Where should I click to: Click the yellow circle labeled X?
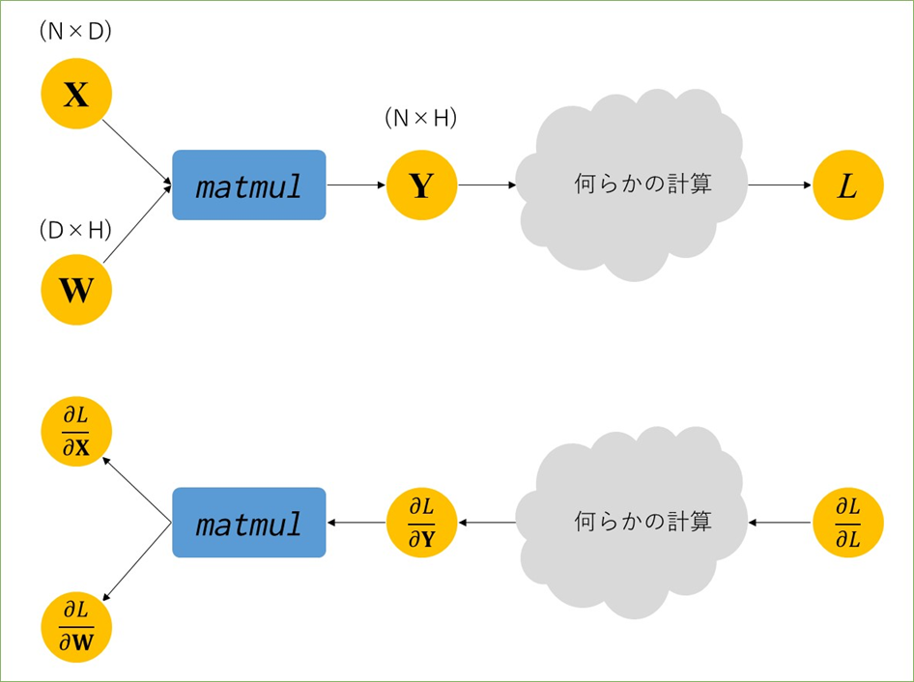point(76,94)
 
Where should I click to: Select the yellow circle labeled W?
point(76,289)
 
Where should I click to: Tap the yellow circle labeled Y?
point(421,185)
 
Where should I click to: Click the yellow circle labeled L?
point(848,185)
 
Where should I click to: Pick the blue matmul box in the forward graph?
point(249,185)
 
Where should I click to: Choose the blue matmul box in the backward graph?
point(249,523)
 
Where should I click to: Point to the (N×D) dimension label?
point(75,32)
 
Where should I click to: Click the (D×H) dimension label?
point(75,231)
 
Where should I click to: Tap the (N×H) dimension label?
point(421,118)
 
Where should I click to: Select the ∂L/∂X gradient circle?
point(76,432)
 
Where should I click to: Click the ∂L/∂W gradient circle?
point(76,627)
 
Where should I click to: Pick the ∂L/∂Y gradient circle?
point(421,523)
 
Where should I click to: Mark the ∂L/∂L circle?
point(848,523)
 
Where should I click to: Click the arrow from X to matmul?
point(137,154)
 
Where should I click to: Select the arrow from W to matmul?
point(137,224)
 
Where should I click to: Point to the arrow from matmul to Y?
point(357,185)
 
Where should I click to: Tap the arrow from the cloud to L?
point(780,185)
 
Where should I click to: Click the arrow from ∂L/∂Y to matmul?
point(357,523)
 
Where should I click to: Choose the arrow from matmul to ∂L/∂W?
point(137,561)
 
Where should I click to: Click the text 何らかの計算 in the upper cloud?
point(643,184)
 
